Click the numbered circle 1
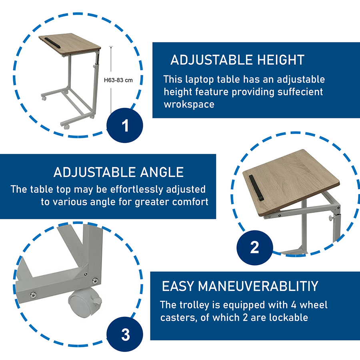pos(125,125)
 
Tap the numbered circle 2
pos(255,248)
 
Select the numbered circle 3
pos(125,334)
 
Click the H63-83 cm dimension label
pos(118,80)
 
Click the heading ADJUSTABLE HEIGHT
pos(237,60)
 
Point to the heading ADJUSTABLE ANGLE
pos(118,172)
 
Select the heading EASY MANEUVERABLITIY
pos(240,286)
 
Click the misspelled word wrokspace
pos(189,104)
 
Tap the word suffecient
pos(300,92)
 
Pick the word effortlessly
pos(137,189)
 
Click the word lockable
pos(288,317)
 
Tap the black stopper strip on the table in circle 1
pos(52,43)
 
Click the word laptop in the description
pos(199,80)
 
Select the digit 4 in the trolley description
pos(294,305)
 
